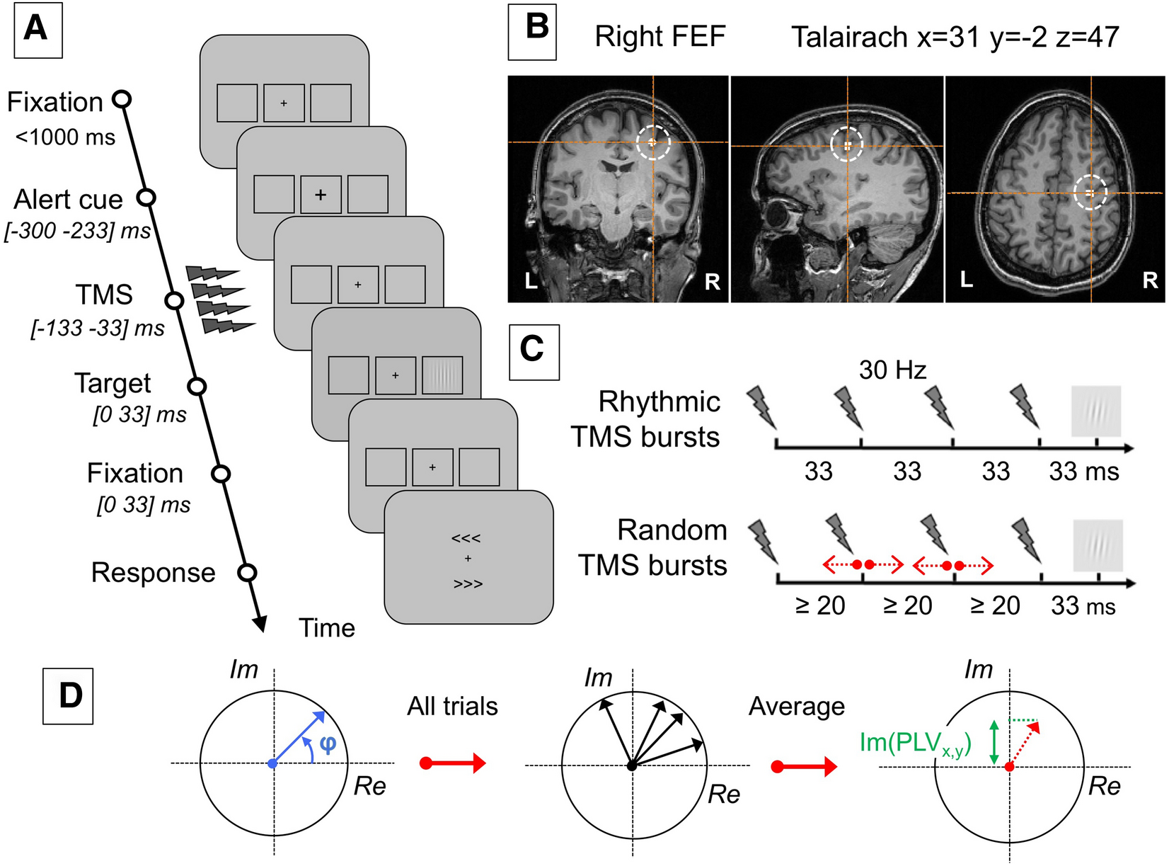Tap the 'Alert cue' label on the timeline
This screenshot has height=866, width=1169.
[x=68, y=200]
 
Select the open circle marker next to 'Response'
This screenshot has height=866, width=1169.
[x=247, y=572]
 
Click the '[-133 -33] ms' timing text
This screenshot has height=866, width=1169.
[x=98, y=329]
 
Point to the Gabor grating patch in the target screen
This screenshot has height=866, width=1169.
[x=442, y=375]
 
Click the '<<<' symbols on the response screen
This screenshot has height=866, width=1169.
[x=466, y=538]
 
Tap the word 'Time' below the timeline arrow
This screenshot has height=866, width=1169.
[x=326, y=628]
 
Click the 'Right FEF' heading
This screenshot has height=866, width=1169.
[x=660, y=37]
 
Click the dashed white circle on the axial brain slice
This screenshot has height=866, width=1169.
[x=1090, y=193]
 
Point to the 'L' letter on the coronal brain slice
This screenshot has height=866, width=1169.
[x=531, y=281]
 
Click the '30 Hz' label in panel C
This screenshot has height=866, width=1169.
[x=892, y=370]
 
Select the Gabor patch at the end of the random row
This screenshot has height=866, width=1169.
[x=1098, y=545]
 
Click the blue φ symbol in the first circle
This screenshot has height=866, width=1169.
[x=327, y=743]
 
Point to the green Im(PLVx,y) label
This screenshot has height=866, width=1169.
[x=915, y=743]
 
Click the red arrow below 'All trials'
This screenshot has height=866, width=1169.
[x=453, y=763]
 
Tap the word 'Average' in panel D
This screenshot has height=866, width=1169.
[x=796, y=706]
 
